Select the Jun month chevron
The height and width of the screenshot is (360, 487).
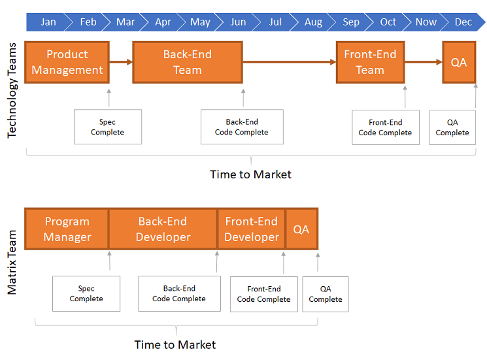click(x=237, y=22)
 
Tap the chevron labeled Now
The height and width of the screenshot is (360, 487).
click(x=426, y=22)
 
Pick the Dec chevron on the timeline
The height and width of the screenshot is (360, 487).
click(x=463, y=22)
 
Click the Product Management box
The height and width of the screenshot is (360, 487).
click(x=67, y=62)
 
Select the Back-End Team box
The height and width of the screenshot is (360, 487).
click(x=188, y=62)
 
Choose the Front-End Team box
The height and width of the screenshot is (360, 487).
click(x=370, y=62)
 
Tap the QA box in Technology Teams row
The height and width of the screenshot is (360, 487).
click(x=459, y=62)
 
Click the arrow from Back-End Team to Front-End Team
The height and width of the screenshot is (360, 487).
click(x=290, y=62)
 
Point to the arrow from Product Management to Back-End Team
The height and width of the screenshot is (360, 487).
click(x=121, y=62)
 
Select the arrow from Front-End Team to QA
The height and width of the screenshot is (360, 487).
click(x=424, y=62)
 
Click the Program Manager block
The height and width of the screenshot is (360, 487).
click(x=67, y=229)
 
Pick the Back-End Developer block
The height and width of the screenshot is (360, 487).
click(x=163, y=229)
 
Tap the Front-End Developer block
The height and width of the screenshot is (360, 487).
click(x=252, y=229)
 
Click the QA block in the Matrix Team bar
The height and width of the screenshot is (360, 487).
click(x=301, y=229)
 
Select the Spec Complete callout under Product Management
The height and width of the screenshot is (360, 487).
click(x=108, y=127)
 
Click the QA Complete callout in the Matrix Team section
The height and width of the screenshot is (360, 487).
click(x=326, y=294)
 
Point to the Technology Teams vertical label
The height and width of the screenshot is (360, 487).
click(x=12, y=90)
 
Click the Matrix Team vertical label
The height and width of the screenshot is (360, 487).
click(x=12, y=262)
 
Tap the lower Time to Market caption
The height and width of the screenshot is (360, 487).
click(x=175, y=345)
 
